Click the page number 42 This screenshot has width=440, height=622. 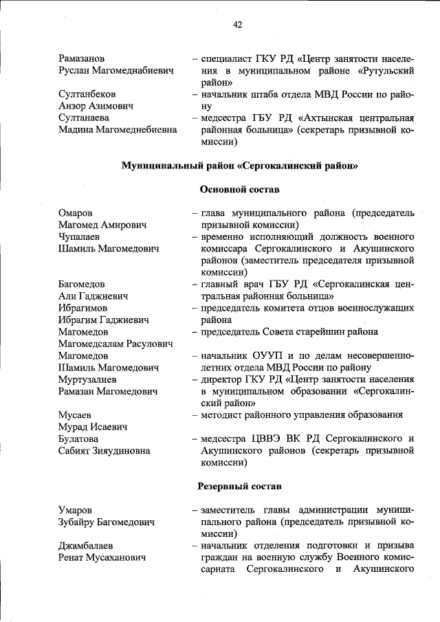pos(237,25)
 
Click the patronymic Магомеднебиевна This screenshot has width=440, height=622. pos(133,131)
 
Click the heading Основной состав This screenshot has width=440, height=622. pos(239,190)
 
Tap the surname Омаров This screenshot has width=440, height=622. pos(76,213)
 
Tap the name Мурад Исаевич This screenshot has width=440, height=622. pos(93,427)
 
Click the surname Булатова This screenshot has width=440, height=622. pos(78,438)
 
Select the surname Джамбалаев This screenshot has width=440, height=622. pos(86,546)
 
